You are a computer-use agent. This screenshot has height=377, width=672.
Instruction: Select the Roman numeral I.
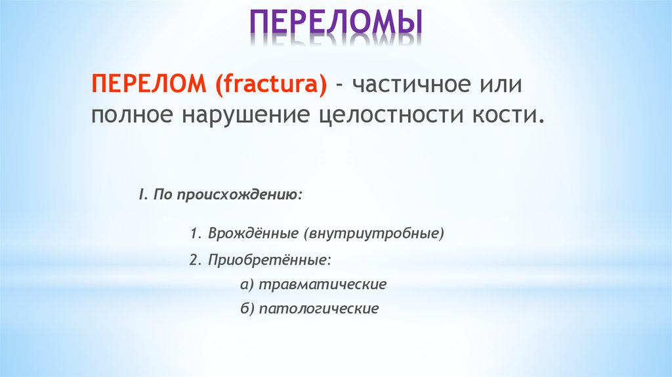pyautogui.click(x=140, y=196)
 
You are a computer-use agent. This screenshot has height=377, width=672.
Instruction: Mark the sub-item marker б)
pyautogui.click(x=247, y=309)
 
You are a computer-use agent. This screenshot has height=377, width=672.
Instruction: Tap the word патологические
pyautogui.click(x=319, y=309)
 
